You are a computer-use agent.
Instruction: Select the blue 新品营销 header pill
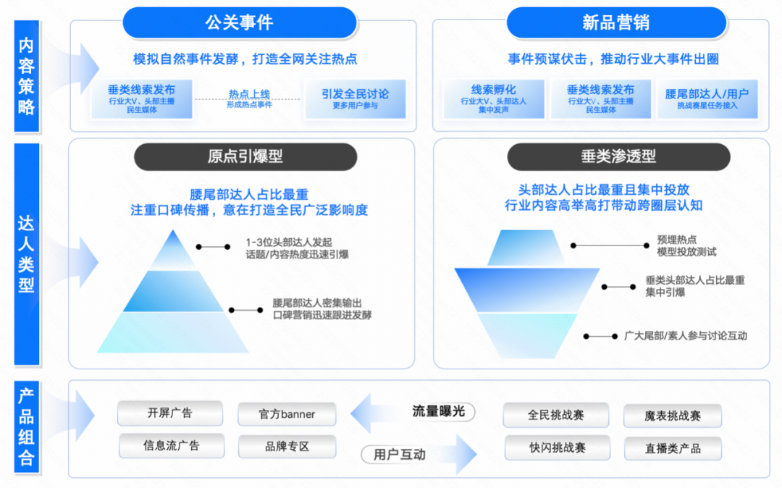616,22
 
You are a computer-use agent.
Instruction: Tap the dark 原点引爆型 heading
245,156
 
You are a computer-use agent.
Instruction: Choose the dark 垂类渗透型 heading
618,156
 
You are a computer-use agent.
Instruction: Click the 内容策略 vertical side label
27,77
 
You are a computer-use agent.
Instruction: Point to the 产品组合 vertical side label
27,427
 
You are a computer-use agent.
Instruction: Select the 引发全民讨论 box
355,98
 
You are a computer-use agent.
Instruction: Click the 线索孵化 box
493,98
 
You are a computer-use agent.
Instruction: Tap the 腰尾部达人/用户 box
707,98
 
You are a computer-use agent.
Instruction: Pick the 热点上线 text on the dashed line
249,95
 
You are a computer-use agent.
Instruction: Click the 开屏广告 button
169,413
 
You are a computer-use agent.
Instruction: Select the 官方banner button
287,415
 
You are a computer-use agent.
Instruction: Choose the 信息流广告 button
171,446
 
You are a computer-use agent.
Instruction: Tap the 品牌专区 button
287,447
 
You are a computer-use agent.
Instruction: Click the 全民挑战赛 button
555,415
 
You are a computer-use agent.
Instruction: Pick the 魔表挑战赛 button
673,416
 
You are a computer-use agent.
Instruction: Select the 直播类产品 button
673,448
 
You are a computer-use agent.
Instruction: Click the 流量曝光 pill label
439,411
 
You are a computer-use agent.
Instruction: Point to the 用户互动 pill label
399,455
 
